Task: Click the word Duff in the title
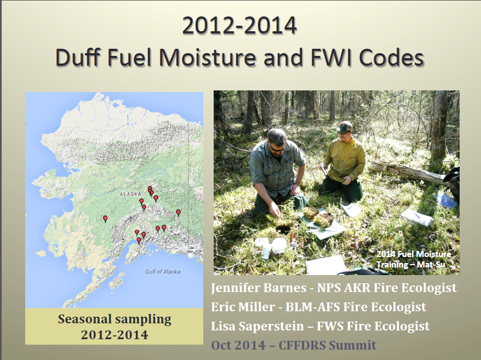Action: pos(78,58)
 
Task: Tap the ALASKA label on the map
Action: pos(131,195)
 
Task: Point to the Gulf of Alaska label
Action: pos(163,272)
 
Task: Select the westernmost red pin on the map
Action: pos(105,219)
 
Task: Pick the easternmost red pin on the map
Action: pos(178,213)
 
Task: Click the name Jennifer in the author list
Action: pos(235,288)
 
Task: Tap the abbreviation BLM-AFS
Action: pos(312,307)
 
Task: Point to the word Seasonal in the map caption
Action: pos(84,319)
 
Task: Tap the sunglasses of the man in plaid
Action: pos(277,148)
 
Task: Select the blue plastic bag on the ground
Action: pos(445,201)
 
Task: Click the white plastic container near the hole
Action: pos(279,245)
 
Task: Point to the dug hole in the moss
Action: pos(284,228)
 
